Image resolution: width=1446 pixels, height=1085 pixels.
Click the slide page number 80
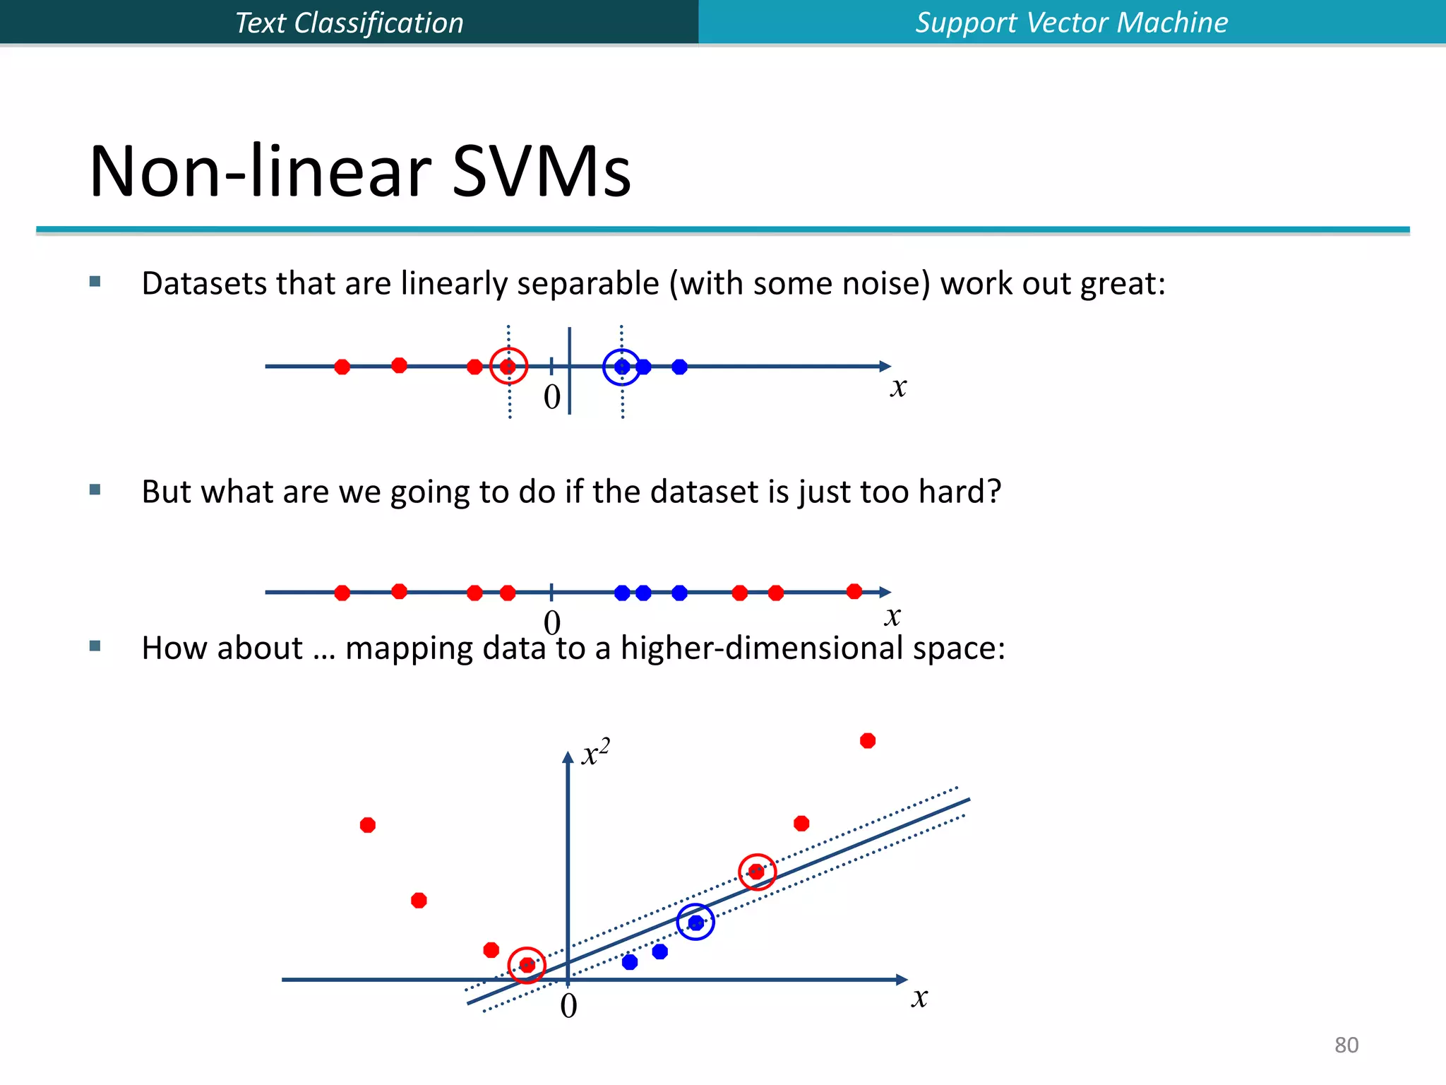click(1346, 1045)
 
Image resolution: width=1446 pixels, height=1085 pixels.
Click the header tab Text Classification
click(349, 23)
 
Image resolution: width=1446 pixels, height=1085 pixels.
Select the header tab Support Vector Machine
click(1071, 23)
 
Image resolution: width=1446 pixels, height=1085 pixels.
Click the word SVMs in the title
click(541, 172)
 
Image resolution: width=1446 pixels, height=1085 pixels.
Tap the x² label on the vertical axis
click(595, 753)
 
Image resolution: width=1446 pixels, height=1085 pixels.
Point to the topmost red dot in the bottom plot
click(868, 740)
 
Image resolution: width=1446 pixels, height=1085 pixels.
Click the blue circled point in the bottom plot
click(695, 922)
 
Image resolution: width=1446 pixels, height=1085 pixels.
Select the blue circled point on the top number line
click(622, 367)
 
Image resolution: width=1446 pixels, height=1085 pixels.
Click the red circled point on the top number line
click(508, 367)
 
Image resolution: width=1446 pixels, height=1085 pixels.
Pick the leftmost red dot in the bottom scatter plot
click(368, 825)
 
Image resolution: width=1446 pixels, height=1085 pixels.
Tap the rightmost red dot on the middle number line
click(854, 591)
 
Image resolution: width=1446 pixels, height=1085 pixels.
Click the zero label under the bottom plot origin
click(568, 1006)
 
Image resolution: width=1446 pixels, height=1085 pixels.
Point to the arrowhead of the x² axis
click(568, 757)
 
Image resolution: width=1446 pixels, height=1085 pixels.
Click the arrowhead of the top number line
click(885, 366)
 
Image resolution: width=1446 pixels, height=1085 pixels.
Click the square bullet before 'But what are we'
click(95, 490)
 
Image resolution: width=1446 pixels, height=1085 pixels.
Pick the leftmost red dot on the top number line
click(342, 367)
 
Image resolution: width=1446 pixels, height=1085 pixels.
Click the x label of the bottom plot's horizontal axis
click(919, 997)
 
